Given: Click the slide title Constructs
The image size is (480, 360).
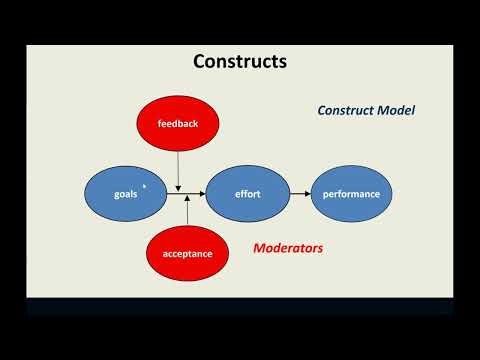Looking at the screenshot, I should pyautogui.click(x=240, y=62).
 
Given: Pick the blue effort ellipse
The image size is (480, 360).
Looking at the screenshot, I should pyautogui.click(x=247, y=193).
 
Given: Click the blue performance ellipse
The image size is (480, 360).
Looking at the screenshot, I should pyautogui.click(x=351, y=193).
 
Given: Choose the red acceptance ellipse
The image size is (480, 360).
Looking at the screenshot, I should pyautogui.click(x=187, y=253).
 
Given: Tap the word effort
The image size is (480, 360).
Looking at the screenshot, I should pyautogui.click(x=247, y=193).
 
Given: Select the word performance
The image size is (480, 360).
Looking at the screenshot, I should pyautogui.click(x=351, y=193).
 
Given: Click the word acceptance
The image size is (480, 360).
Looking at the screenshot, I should pyautogui.click(x=187, y=253).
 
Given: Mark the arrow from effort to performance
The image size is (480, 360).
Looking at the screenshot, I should pyautogui.click(x=299, y=193).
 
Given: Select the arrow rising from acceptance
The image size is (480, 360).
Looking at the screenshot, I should pyautogui.click(x=187, y=212).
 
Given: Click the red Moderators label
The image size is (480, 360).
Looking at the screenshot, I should pyautogui.click(x=287, y=248).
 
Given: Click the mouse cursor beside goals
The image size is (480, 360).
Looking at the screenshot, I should pyautogui.click(x=145, y=186).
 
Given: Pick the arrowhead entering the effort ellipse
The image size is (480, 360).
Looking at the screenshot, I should pyautogui.click(x=203, y=193).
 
